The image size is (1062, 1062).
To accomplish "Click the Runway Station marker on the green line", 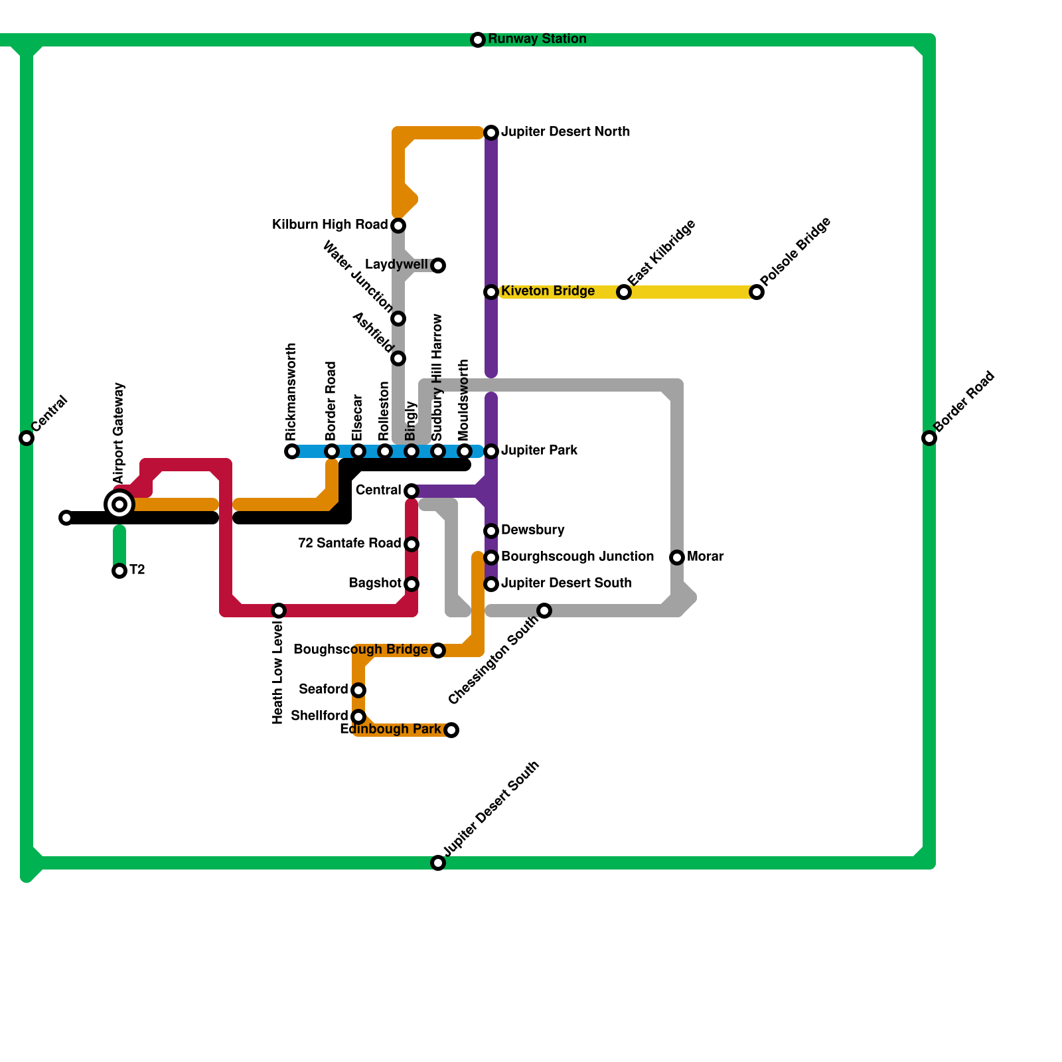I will (478, 40).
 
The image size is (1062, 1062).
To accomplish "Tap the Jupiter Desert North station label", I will (565, 132).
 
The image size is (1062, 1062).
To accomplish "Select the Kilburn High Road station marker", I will (398, 226).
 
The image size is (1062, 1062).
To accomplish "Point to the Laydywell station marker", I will (438, 265).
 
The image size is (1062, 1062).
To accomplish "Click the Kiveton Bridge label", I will (548, 291).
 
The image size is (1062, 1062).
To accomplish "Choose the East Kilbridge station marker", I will (624, 292).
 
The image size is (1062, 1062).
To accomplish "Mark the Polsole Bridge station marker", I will (757, 292).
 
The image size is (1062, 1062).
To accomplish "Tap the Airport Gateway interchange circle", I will (119, 504).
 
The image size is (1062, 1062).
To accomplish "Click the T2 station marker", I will (119, 571).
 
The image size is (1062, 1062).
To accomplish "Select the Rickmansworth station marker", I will (292, 451).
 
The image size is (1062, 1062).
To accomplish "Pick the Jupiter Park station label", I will (539, 451).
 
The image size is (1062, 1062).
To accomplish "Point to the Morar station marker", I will (677, 558).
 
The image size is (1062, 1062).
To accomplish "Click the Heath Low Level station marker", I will (279, 611).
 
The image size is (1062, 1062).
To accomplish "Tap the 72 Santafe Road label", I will (349, 544).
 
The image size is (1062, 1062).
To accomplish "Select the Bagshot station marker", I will (412, 584).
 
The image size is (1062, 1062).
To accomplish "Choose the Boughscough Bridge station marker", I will (438, 650).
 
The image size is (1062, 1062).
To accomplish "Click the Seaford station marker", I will (358, 690).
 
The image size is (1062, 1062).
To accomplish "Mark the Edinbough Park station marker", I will (451, 730).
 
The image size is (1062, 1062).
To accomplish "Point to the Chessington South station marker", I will (544, 611).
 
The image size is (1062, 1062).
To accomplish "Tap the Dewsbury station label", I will (532, 530).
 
